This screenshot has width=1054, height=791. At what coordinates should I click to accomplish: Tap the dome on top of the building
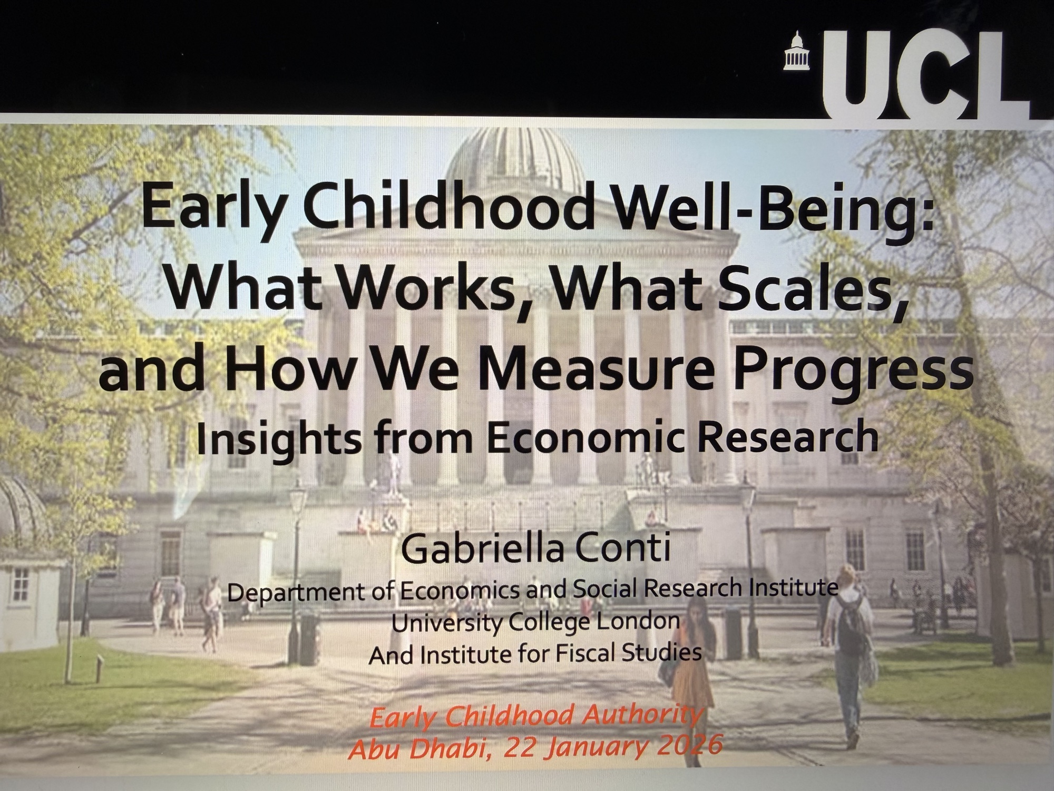(514, 159)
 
